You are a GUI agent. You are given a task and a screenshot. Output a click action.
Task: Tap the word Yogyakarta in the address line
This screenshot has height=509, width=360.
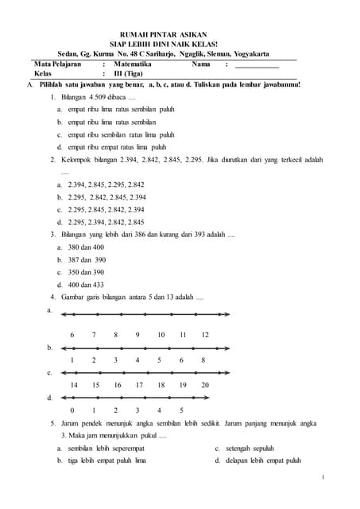pyautogui.click(x=248, y=53)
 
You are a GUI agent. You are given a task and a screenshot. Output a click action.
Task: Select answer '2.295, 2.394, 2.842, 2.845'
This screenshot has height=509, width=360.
pyautogui.click(x=106, y=222)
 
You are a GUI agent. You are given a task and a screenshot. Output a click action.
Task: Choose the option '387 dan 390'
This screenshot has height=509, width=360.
pyautogui.click(x=87, y=259)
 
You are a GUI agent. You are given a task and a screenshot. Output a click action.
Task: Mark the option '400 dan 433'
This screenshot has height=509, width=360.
pyautogui.click(x=87, y=284)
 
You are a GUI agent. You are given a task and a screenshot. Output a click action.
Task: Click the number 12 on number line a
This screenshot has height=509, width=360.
pyautogui.click(x=205, y=335)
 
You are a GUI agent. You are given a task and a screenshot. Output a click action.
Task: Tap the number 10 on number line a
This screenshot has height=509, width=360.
pyautogui.click(x=161, y=335)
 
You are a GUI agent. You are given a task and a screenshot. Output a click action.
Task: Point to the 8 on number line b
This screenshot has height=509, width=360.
pyautogui.click(x=204, y=360)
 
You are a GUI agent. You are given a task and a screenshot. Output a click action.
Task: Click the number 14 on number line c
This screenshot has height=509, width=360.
pyautogui.click(x=74, y=386)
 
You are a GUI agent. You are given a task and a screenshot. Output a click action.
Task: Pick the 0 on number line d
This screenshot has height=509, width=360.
pyautogui.click(x=72, y=410)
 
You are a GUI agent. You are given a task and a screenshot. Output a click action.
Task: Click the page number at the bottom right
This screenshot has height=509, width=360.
pyautogui.click(x=324, y=477)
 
